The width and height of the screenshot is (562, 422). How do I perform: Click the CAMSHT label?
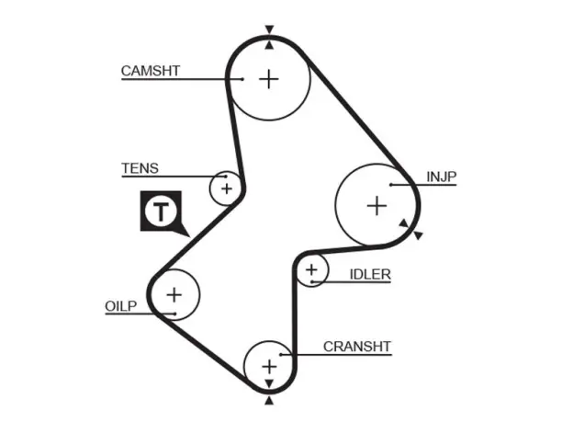click(x=151, y=71)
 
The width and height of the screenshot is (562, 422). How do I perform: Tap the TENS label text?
click(x=140, y=168)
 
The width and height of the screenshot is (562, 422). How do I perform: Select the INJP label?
click(x=441, y=177)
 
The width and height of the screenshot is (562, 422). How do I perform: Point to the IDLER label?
click(x=370, y=275)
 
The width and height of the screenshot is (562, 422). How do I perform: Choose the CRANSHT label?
click(x=357, y=347)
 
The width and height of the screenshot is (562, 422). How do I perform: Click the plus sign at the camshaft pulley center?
click(x=269, y=79)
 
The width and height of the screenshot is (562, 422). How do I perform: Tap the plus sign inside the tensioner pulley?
click(x=227, y=188)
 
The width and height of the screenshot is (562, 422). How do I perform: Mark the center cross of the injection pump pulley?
click(x=377, y=206)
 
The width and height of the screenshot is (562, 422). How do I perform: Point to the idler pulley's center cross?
click(x=312, y=269)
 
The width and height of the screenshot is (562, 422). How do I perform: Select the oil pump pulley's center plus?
click(x=174, y=295)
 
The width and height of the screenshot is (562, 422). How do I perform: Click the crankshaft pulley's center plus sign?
click(x=269, y=367)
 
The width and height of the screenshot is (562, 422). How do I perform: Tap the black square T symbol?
click(x=161, y=211)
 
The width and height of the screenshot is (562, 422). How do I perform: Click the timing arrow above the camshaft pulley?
click(x=269, y=29)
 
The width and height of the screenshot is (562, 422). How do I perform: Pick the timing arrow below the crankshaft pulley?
click(x=269, y=401)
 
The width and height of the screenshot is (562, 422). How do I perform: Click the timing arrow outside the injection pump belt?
click(x=418, y=235)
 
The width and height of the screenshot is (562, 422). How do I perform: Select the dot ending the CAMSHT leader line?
click(x=242, y=79)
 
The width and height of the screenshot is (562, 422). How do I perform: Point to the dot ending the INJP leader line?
click(x=391, y=185)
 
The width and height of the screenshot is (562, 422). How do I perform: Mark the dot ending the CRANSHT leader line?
click(x=281, y=355)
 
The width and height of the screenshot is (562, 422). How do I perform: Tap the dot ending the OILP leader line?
click(x=174, y=314)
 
